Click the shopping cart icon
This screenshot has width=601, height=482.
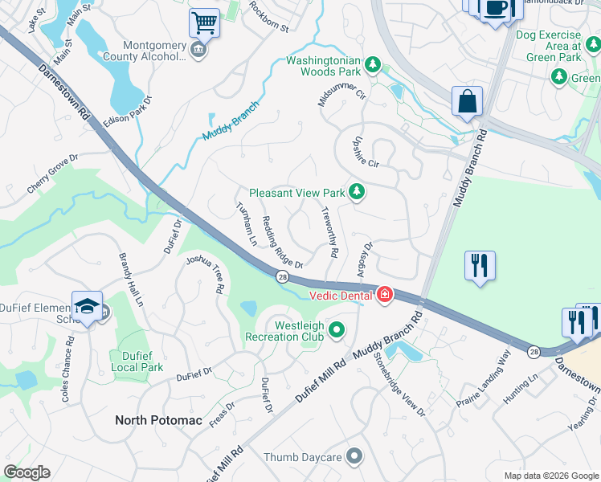tap(205, 22)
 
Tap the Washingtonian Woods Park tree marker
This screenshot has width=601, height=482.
tap(372, 63)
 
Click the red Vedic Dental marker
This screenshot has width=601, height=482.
tap(385, 296)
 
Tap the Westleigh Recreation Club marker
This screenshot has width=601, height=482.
tap(337, 330)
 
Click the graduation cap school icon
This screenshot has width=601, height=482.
tap(87, 306)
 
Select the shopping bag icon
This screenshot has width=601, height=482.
tap(467, 101)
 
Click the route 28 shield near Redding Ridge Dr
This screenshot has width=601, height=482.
tap(283, 276)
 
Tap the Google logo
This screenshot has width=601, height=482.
tap(27, 472)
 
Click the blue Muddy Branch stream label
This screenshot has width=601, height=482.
tap(231, 121)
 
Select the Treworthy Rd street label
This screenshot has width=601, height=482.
tap(329, 232)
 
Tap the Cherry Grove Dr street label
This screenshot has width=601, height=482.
tap(51, 174)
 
